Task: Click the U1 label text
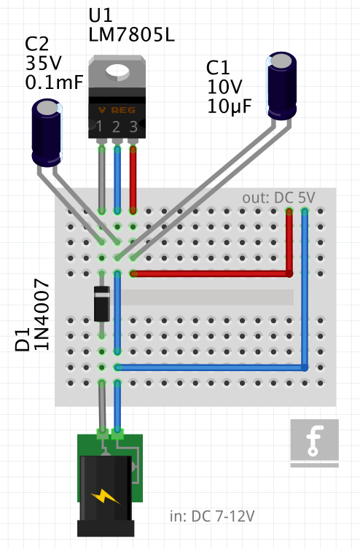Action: pos(101,16)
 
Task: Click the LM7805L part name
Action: pos(131,34)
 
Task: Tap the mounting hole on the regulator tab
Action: pos(117,70)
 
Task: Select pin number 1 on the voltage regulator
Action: pos(100,128)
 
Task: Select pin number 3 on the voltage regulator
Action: pos(133,128)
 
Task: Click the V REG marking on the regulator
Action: pos(117,110)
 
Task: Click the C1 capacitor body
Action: pos(283,85)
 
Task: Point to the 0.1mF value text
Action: pos(54,82)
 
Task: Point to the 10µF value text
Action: pos(229,106)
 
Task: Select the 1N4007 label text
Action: pos(42,314)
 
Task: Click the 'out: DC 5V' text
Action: pos(278,198)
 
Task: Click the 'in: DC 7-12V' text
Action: pos(212,516)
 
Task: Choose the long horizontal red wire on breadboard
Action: pos(211,274)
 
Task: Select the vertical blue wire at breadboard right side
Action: pos(305,292)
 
